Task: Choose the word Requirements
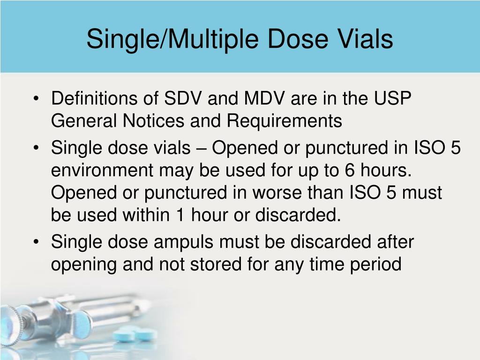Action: [285, 121]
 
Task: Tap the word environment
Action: [102, 171]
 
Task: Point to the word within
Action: [146, 216]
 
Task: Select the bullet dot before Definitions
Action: [37, 99]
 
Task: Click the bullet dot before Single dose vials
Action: [37, 149]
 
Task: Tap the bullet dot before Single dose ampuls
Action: [37, 243]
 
